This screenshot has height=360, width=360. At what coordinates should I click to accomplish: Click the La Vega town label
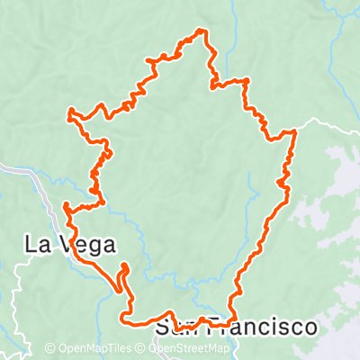tap(68, 244)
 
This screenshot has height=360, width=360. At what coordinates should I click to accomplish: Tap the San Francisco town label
tap(236, 327)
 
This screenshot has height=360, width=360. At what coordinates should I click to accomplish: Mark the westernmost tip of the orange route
tap(69, 112)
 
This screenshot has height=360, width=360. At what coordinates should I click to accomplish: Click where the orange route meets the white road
tap(294, 131)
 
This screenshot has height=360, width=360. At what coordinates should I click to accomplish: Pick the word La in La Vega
tap(36, 244)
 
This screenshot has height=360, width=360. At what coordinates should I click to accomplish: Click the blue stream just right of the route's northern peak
tap(232, 36)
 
